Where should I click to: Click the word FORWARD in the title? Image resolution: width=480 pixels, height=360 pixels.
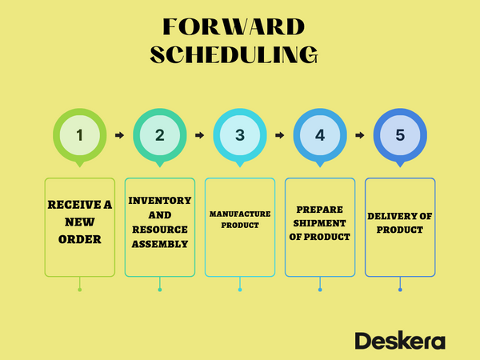pyautogui.click(x=234, y=26)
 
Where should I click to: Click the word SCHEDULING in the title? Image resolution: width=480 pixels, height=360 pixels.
pyautogui.click(x=234, y=54)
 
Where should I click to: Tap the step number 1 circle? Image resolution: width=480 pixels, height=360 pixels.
pyautogui.click(x=80, y=135)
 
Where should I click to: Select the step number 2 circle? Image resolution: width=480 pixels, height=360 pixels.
pyautogui.click(x=160, y=135)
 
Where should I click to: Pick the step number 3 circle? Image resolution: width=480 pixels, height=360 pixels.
pyautogui.click(x=240, y=135)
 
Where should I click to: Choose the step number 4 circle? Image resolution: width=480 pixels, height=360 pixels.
pyautogui.click(x=320, y=135)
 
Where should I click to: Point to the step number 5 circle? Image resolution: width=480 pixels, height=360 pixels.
pyautogui.click(x=400, y=135)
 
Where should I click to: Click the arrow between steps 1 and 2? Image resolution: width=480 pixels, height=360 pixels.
pyautogui.click(x=120, y=135)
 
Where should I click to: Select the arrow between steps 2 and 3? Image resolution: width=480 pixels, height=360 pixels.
pyautogui.click(x=200, y=135)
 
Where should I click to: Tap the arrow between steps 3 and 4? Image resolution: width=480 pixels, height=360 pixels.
pyautogui.click(x=280, y=135)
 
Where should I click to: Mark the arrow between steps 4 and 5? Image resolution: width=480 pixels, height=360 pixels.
pyautogui.click(x=360, y=135)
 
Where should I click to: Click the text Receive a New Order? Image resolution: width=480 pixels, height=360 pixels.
pyautogui.click(x=80, y=222)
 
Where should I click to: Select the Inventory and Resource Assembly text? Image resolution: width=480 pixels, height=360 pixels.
pyautogui.click(x=160, y=222)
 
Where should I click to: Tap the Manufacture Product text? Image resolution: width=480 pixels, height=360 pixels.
pyautogui.click(x=240, y=220)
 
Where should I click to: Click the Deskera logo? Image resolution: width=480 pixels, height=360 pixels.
pyautogui.click(x=400, y=339)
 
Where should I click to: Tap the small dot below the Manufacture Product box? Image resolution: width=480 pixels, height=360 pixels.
pyautogui.click(x=240, y=289)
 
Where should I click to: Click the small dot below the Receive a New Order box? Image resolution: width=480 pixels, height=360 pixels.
pyautogui.click(x=80, y=289)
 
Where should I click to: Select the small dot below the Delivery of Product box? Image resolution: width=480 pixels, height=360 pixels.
pyautogui.click(x=400, y=289)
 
